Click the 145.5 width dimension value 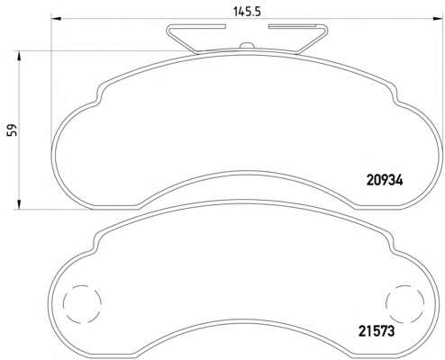[x=248, y=12]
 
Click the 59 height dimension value [x=12, y=130]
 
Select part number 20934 [x=385, y=180]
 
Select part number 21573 [x=377, y=331]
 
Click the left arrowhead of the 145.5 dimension [x=57, y=19]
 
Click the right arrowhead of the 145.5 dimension [x=436, y=19]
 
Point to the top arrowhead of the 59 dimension [x=19, y=56]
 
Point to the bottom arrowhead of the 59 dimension [x=19, y=203]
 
